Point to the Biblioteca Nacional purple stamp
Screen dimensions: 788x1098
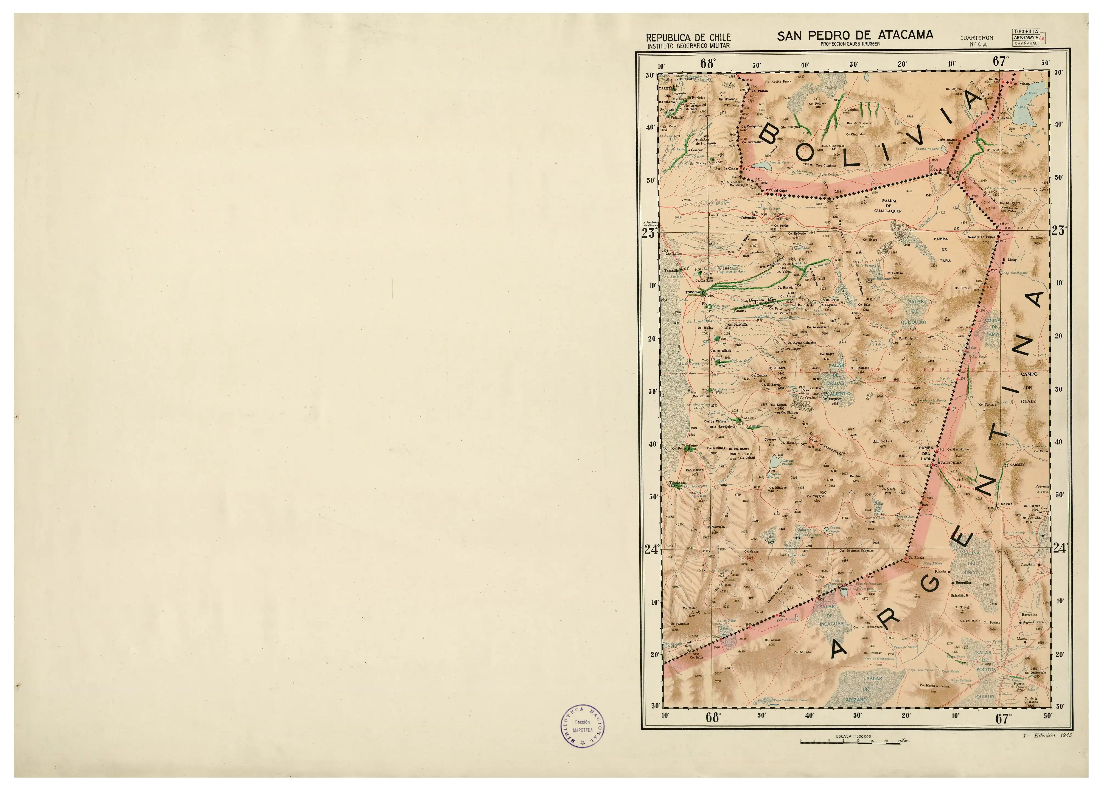click(x=583, y=726)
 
